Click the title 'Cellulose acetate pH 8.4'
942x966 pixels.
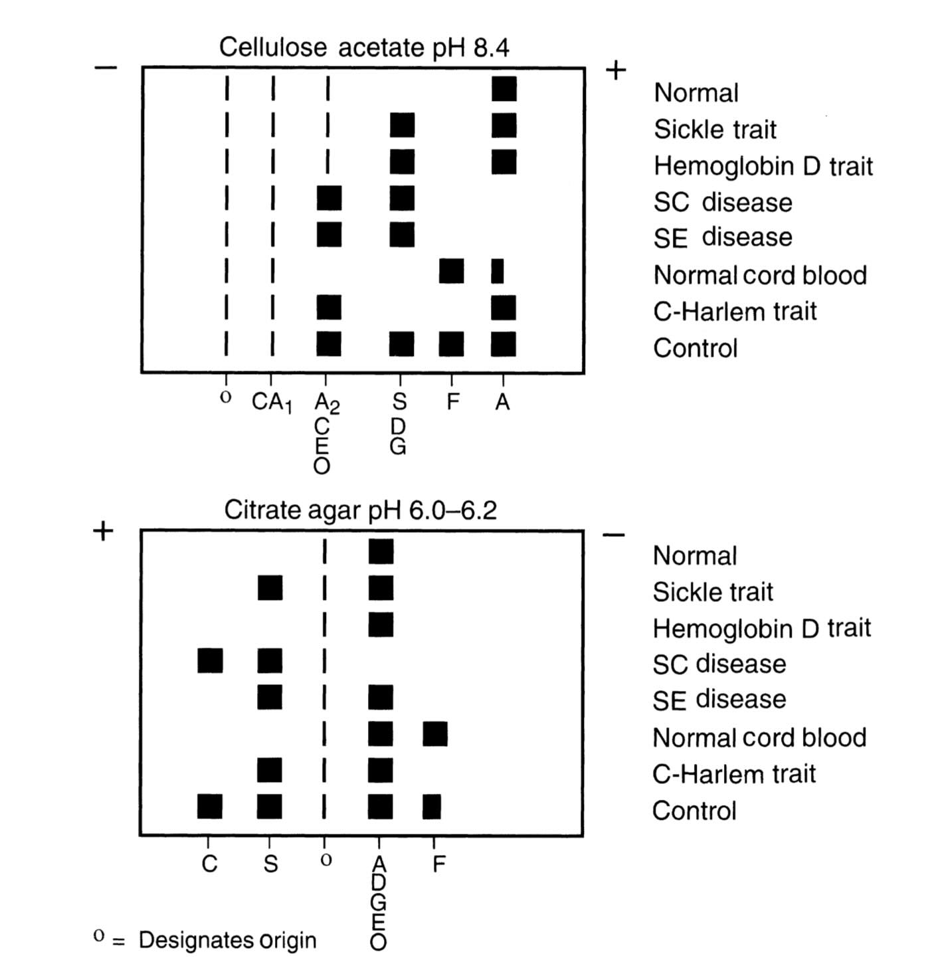tap(364, 47)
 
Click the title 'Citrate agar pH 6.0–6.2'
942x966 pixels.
tap(360, 510)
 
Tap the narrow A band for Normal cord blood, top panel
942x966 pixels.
tap(497, 271)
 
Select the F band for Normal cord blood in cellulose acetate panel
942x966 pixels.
tap(451, 271)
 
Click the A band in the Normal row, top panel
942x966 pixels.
tap(504, 88)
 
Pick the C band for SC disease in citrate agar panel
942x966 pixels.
tap(210, 660)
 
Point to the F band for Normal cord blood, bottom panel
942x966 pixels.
tap(435, 734)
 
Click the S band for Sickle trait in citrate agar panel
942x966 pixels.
tap(270, 588)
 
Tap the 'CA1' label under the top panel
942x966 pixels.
tap(272, 403)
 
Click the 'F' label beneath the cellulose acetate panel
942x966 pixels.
tap(452, 402)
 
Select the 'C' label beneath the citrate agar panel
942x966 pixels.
tap(209, 864)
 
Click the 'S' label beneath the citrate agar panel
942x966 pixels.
tap(270, 864)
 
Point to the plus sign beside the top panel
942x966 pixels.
tap(616, 70)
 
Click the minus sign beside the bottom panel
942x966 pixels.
tap(614, 535)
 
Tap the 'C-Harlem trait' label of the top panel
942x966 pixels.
tap(735, 311)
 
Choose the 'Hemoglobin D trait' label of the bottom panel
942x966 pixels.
tap(761, 628)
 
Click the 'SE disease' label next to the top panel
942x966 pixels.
tap(723, 237)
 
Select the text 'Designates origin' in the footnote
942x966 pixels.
tap(227, 940)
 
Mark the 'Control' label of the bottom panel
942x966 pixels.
tap(694, 811)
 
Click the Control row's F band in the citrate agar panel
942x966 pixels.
tap(432, 807)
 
